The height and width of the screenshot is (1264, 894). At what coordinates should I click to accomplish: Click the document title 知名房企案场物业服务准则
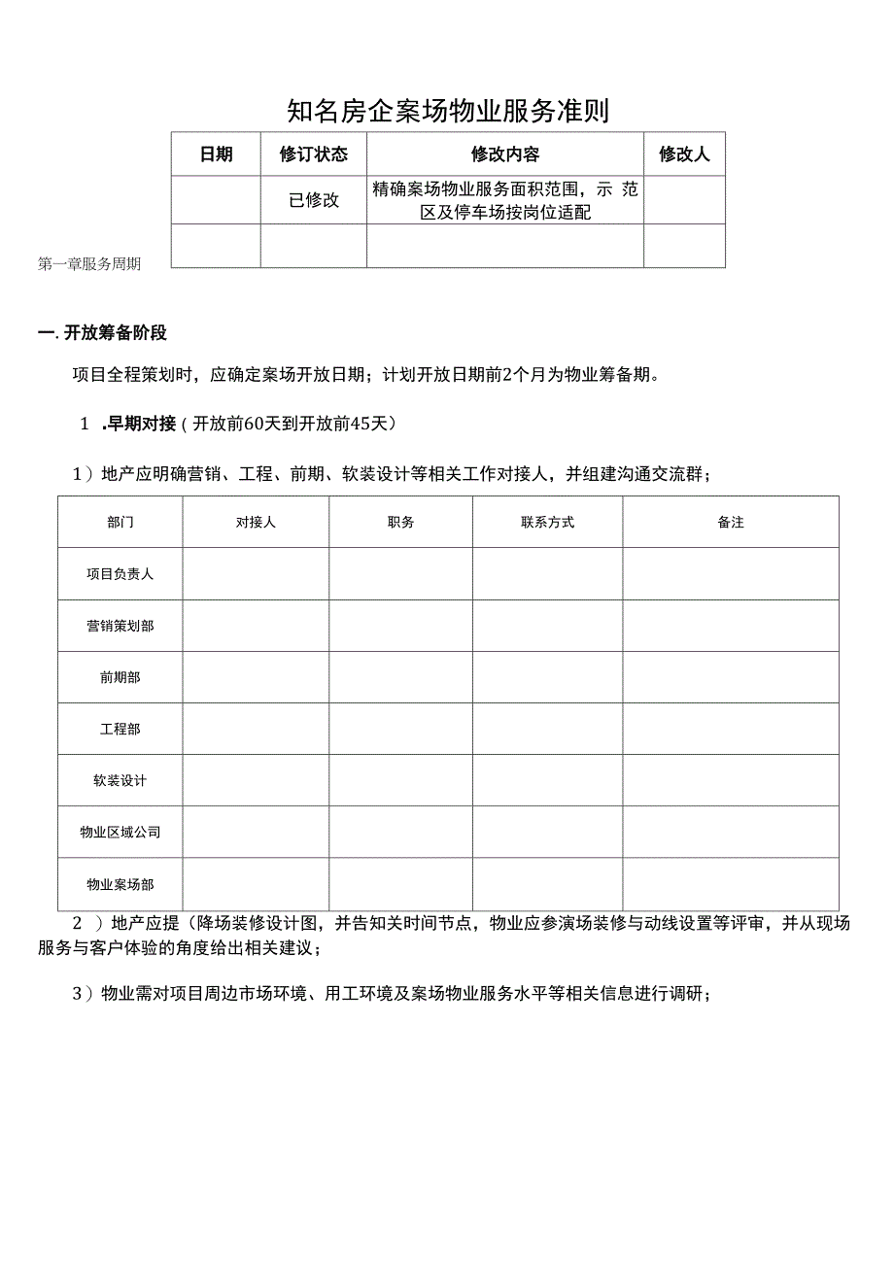click(448, 111)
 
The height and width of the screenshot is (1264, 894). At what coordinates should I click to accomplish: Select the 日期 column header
click(216, 154)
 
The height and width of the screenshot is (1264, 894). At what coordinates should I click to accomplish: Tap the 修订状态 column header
click(313, 154)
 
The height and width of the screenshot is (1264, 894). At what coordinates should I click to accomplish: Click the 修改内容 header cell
click(504, 154)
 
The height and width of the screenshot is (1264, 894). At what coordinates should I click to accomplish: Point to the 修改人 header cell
click(684, 154)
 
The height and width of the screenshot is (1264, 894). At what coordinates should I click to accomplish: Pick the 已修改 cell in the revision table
click(313, 200)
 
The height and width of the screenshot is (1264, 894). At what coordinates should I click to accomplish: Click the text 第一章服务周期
click(89, 263)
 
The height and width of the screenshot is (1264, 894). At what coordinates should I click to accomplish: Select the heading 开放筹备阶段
click(115, 333)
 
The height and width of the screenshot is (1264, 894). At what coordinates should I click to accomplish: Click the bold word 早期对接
click(142, 423)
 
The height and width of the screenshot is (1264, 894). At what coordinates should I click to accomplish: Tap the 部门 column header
click(120, 522)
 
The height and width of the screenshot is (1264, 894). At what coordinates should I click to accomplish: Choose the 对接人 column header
click(256, 522)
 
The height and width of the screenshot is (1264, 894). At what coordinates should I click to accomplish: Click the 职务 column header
click(400, 522)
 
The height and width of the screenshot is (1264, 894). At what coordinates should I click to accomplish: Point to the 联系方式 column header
click(547, 522)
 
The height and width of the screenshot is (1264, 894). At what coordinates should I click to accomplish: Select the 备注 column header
click(731, 522)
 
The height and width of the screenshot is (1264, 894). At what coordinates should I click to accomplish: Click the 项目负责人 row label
click(120, 574)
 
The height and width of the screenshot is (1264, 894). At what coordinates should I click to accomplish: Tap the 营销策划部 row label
click(120, 626)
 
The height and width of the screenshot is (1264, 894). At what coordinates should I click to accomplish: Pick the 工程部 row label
click(120, 729)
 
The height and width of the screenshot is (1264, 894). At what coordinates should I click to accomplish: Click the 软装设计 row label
click(120, 780)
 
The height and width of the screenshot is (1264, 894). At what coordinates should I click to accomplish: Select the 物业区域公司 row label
click(120, 833)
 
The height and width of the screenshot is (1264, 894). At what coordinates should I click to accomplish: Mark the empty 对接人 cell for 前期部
click(256, 677)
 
